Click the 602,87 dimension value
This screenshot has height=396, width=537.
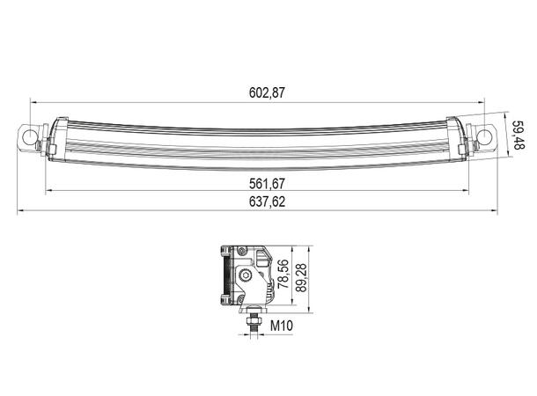[267, 92]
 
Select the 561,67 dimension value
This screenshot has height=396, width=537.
[267, 184]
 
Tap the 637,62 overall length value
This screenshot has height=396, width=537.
[267, 202]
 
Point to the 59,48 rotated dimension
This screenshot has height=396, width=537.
[519, 135]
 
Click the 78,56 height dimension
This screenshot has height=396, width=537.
[283, 274]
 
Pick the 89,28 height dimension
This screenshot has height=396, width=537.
[301, 277]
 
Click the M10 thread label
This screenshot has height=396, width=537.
[282, 326]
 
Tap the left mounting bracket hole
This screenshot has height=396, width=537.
[29, 137]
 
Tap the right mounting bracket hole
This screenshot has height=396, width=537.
[485, 136]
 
